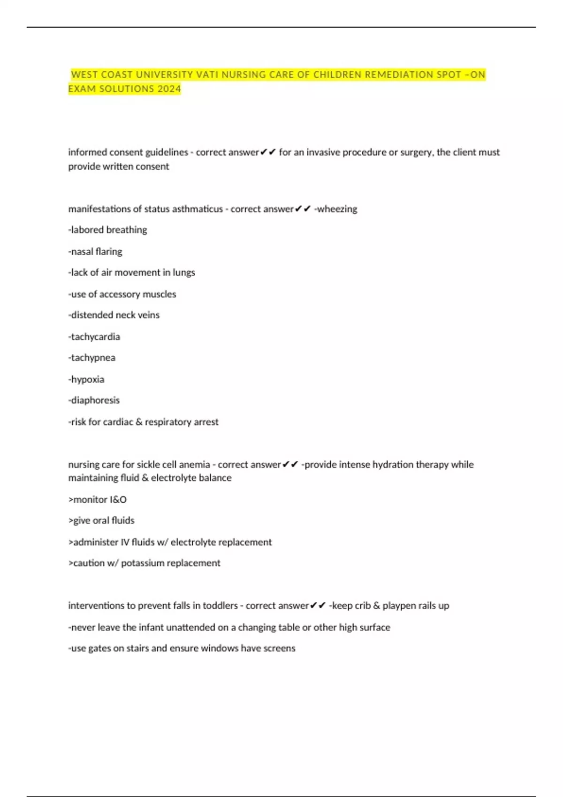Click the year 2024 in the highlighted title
coord(169,89)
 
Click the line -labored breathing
coord(107,230)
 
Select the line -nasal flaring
coord(95,252)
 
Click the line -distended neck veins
coord(114,315)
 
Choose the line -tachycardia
coord(94,337)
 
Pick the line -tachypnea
coord(92,358)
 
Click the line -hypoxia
coord(86,379)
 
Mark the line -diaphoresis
coord(94,400)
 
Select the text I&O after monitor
coord(118,500)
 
